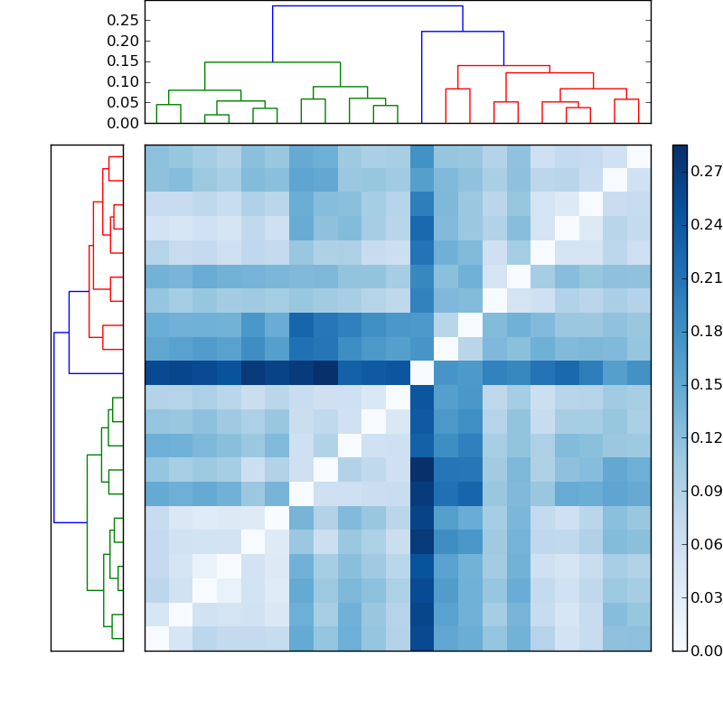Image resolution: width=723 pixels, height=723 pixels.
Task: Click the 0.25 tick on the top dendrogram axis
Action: [x=124, y=20]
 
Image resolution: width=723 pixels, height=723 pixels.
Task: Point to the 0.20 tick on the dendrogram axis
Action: [x=124, y=41]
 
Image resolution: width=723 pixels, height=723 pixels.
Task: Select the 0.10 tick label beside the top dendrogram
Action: [x=124, y=81]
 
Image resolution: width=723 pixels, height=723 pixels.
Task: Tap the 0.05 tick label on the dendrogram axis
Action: [x=124, y=102]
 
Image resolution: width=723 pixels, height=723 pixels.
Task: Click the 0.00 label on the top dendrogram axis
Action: [x=124, y=123]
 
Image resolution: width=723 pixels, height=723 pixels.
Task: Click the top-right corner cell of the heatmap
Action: [x=638, y=156]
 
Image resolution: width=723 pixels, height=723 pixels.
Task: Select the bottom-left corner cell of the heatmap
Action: [x=156, y=638]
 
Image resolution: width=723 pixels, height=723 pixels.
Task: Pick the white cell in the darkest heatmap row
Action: [x=421, y=373]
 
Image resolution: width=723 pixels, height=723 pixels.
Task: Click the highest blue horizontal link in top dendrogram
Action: [x=367, y=6]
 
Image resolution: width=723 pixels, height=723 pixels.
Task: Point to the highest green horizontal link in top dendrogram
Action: [x=272, y=62]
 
